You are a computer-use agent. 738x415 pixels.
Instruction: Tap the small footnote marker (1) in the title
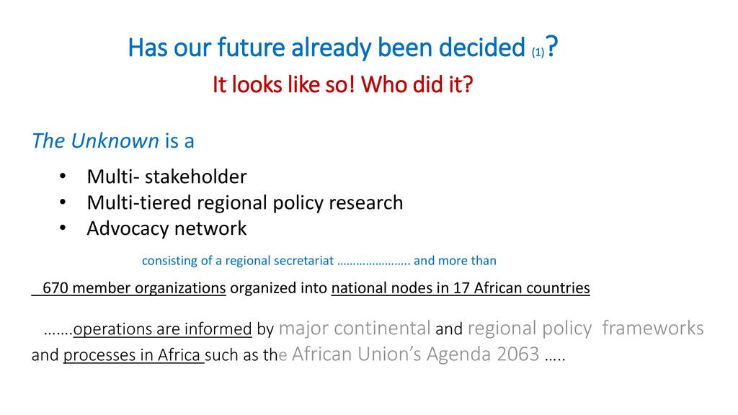(x=538, y=52)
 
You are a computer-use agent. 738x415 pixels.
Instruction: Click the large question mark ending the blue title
(x=552, y=46)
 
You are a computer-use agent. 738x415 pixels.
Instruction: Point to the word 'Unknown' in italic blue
(x=115, y=140)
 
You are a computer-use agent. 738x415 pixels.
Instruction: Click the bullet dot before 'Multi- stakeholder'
(x=63, y=177)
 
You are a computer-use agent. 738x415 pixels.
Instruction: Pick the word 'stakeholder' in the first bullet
(x=196, y=177)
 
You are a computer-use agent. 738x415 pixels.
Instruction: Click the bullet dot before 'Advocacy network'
(x=63, y=228)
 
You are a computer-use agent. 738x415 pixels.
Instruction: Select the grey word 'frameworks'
(x=653, y=328)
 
